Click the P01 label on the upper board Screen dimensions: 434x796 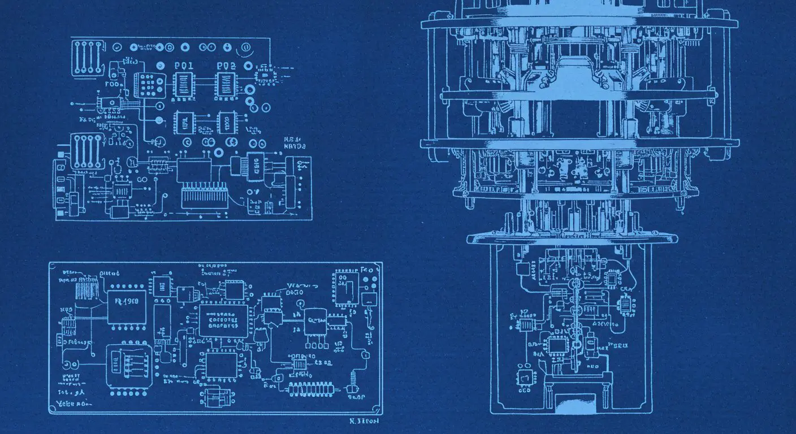[184, 66]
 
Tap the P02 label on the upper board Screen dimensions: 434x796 [226, 66]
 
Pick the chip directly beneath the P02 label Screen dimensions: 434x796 [226, 85]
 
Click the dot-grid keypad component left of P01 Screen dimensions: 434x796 [149, 85]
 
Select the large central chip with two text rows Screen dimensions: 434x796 [223, 320]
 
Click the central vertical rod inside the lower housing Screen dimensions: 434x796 [575, 316]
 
